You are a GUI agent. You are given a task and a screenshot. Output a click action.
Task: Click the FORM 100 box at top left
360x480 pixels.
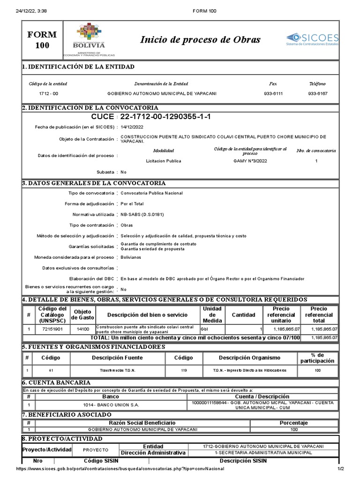coord(42,40)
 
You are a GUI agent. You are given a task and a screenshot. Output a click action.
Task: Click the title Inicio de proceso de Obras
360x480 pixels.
coord(200,39)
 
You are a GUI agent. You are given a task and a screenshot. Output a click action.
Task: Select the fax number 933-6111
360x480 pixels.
coord(273,94)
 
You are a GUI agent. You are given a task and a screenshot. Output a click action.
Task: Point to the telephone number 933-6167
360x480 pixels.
coord(317,94)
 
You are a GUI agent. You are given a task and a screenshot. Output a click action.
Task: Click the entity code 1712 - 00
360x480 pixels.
coord(48,94)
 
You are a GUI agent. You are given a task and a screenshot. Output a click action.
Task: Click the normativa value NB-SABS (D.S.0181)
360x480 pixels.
coord(142,214)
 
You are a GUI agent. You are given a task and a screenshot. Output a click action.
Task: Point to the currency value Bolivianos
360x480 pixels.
coord(131,257)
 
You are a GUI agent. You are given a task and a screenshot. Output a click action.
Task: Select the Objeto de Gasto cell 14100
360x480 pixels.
coord(82,330)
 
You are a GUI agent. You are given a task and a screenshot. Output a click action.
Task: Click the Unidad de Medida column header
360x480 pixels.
coord(212,315)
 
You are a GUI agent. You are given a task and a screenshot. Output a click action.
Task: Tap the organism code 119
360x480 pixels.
coord(183,371)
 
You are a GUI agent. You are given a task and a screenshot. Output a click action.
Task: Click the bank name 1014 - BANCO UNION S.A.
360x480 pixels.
coord(111,405)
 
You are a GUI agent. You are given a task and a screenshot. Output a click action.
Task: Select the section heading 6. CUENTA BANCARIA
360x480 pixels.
coord(56,382)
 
